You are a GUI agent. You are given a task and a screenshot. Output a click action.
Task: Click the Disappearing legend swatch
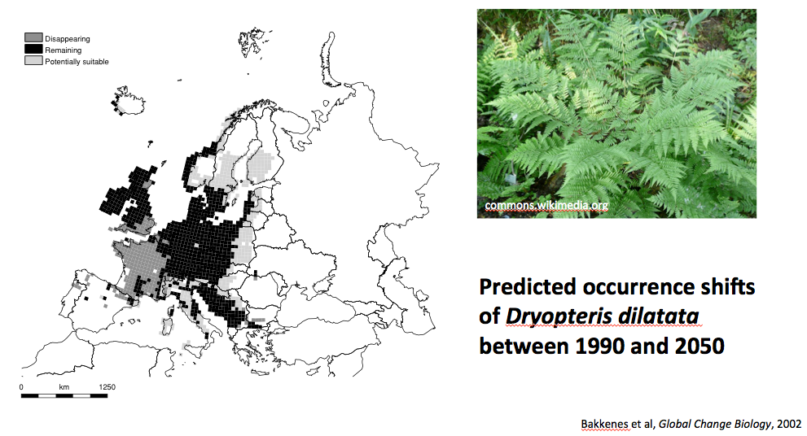(x=33, y=37)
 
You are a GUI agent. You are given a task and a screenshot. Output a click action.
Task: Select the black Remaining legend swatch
(x=33, y=50)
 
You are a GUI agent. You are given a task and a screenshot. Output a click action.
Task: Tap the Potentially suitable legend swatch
(x=33, y=61)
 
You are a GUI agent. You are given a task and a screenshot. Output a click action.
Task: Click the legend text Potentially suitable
(x=77, y=62)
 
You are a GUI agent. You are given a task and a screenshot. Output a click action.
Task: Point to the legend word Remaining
(x=63, y=50)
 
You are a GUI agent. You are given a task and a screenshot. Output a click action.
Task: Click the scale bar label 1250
(x=107, y=387)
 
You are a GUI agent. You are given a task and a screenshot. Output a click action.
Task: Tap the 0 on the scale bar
(x=21, y=387)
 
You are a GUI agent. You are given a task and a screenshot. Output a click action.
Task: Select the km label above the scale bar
(x=64, y=387)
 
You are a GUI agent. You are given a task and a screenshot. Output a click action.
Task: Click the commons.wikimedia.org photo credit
(x=546, y=206)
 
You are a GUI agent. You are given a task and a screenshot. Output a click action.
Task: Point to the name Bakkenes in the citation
(x=605, y=424)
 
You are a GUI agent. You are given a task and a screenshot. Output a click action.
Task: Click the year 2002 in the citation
(x=790, y=424)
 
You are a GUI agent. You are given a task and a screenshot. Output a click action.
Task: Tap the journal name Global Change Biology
(x=715, y=425)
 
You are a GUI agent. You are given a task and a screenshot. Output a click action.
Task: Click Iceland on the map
(x=128, y=101)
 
